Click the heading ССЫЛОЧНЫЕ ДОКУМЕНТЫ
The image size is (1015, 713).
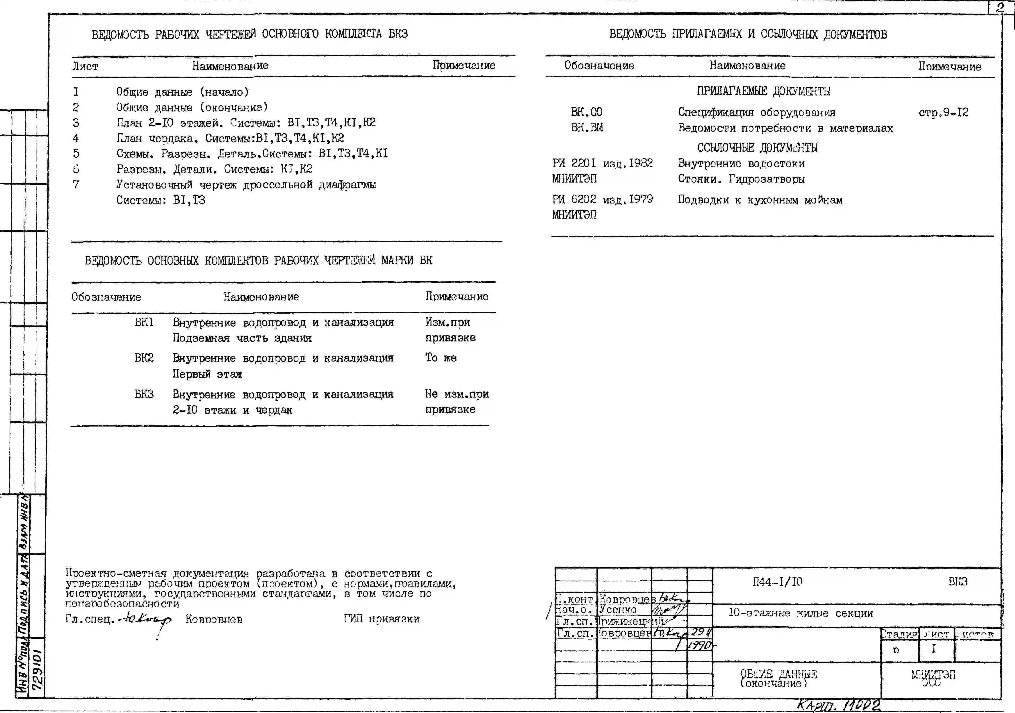(x=757, y=148)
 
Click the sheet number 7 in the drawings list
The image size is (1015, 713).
(x=76, y=184)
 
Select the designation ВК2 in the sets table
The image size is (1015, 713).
(x=144, y=358)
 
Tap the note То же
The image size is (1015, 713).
(x=441, y=358)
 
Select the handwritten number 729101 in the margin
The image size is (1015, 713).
(x=37, y=669)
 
